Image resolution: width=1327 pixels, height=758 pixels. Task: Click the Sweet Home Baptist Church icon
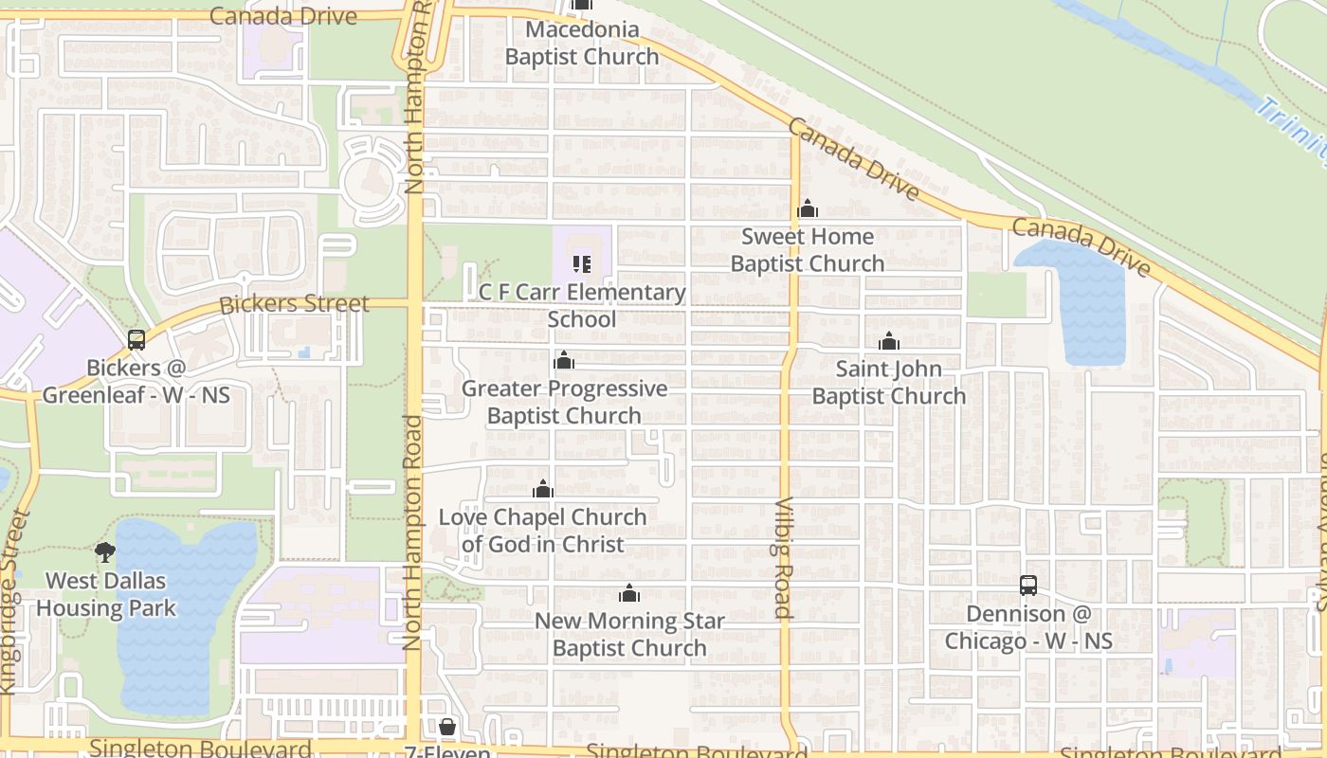(808, 208)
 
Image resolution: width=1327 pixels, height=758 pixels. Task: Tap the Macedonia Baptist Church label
(582, 44)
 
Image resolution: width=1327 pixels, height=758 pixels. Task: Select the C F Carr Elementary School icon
(582, 264)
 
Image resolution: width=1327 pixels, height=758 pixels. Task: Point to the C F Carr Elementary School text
(582, 306)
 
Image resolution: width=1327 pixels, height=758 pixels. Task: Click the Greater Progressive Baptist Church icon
(564, 361)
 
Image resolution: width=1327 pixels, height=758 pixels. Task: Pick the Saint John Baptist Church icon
(889, 342)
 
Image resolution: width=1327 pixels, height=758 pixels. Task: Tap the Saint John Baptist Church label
(889, 383)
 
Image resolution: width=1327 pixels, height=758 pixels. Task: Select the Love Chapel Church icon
(543, 490)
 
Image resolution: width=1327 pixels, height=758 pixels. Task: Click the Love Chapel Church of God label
(543, 531)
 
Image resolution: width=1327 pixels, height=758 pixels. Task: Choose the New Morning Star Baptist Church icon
(629, 594)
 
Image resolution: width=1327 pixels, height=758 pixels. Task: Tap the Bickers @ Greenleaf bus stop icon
(136, 340)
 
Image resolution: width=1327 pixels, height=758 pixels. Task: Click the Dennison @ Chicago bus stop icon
(1028, 586)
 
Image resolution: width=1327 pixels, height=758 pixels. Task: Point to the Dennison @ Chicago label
(1028, 628)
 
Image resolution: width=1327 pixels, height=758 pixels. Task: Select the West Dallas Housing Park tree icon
(105, 552)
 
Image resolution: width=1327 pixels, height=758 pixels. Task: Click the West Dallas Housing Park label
(106, 595)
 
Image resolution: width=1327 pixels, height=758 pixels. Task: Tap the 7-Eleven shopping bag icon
(447, 727)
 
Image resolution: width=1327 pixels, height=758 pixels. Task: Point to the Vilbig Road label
(783, 558)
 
